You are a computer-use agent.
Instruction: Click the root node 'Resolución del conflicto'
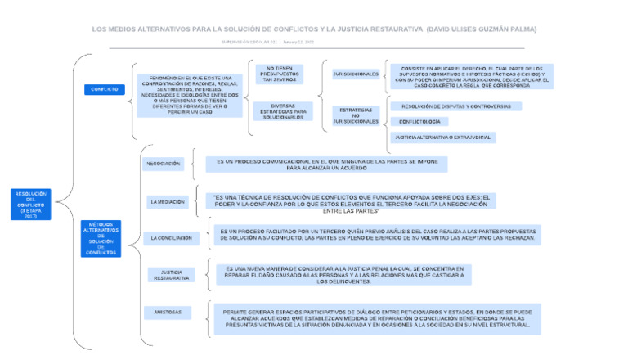tap(31, 204)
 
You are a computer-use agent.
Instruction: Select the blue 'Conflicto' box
tap(105, 89)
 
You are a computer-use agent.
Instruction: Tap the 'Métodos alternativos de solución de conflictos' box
tap(101, 238)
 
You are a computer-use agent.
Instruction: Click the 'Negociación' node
tap(163, 164)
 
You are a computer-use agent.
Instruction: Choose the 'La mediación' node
tap(167, 201)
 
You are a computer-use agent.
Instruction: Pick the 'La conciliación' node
tap(171, 238)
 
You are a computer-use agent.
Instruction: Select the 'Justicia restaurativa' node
tap(172, 275)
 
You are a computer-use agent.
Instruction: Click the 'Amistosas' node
tap(168, 312)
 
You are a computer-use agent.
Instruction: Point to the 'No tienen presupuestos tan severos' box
tap(279, 74)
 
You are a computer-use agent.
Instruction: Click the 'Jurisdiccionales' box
tap(356, 74)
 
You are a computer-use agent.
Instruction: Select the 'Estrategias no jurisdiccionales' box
tap(356, 115)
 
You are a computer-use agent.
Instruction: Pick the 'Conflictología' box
tap(419, 121)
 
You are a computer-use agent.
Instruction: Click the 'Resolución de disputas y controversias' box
tap(455, 106)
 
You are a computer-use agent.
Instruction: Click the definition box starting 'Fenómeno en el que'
tap(190, 95)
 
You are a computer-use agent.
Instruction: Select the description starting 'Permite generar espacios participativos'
tap(376, 320)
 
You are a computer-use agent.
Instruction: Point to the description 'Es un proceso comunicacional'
tap(326, 164)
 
